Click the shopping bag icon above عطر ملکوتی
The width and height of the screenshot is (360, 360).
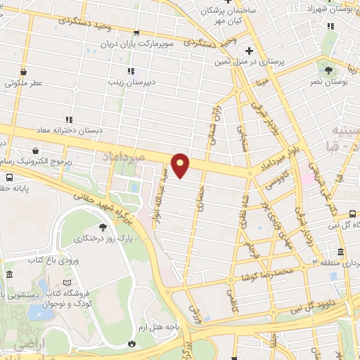point(24,72)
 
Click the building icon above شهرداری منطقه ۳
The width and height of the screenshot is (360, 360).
point(340,252)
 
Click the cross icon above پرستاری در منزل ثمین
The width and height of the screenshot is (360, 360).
point(249,51)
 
